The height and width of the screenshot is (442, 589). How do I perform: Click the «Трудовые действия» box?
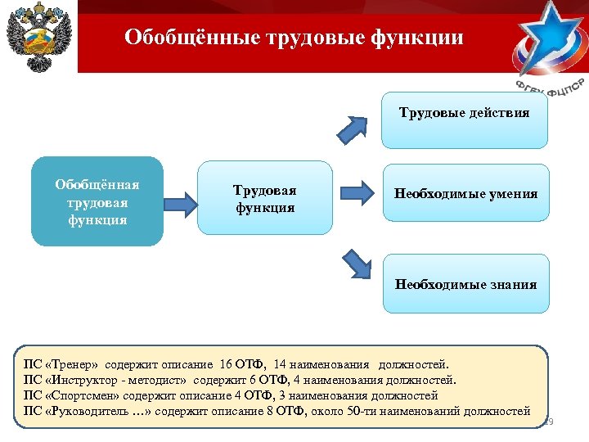464,113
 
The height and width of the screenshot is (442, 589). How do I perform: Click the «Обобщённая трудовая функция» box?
97,201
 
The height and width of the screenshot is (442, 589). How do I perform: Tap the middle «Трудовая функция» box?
265,199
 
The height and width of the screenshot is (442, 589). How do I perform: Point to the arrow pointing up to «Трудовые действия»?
354,129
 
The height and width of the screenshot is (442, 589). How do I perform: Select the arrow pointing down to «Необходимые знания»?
356,264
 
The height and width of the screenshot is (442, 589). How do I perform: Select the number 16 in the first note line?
227,364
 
